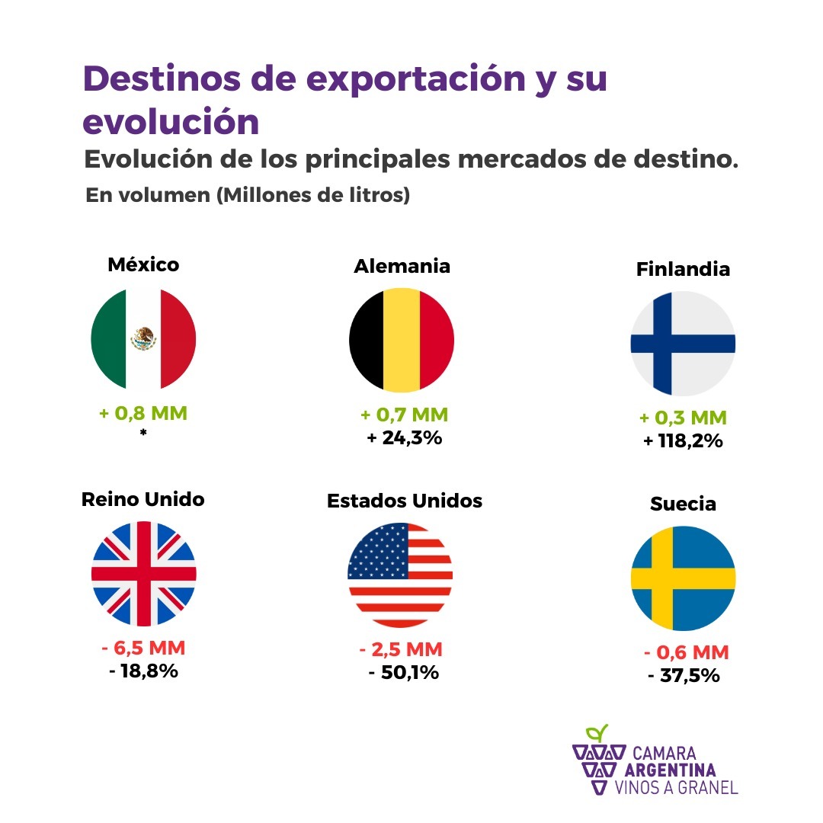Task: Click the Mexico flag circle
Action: pyautogui.click(x=143, y=339)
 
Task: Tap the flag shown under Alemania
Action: pyautogui.click(x=402, y=339)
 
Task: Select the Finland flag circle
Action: pyautogui.click(x=683, y=343)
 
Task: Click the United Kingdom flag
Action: pyautogui.click(x=143, y=574)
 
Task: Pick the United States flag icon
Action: pyautogui.click(x=400, y=574)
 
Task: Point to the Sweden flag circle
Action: pyautogui.click(x=683, y=578)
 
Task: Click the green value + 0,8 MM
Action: pyautogui.click(x=143, y=414)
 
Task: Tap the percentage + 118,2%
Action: pyautogui.click(x=682, y=440)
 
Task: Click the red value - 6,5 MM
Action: pyautogui.click(x=143, y=648)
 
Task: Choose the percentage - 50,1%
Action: pyautogui.click(x=403, y=673)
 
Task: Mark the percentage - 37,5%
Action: pyautogui.click(x=684, y=675)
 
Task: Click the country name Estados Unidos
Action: pyautogui.click(x=405, y=501)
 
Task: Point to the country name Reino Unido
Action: pyautogui.click(x=143, y=499)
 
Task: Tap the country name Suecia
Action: pyautogui.click(x=684, y=504)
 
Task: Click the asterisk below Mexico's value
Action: pyautogui.click(x=143, y=434)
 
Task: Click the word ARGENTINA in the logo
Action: pyautogui.click(x=669, y=770)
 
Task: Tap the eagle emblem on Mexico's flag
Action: pyautogui.click(x=143, y=337)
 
